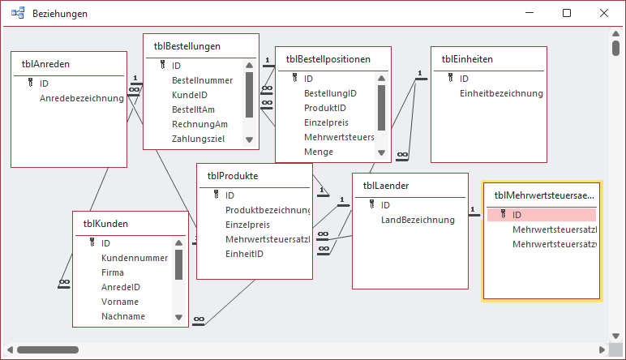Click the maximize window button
pyautogui.click(x=567, y=14)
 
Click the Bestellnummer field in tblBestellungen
pyautogui.click(x=202, y=80)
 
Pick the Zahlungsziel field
pyautogui.click(x=199, y=139)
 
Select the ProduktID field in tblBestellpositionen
pyautogui.click(x=324, y=108)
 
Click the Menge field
pyautogui.click(x=319, y=152)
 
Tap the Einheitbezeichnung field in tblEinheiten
pyautogui.click(x=500, y=93)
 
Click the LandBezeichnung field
pyautogui.click(x=418, y=220)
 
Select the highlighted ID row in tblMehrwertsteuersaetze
pyautogui.click(x=542, y=215)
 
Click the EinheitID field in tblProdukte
pyautogui.click(x=245, y=254)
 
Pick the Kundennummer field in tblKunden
pyautogui.click(x=135, y=258)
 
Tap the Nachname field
pyautogui.click(x=123, y=316)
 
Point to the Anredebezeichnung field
pyautogui.click(x=81, y=98)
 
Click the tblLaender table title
pyautogui.click(x=385, y=185)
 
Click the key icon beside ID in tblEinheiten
pyautogui.click(x=452, y=79)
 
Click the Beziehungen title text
pyautogui.click(x=61, y=14)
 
